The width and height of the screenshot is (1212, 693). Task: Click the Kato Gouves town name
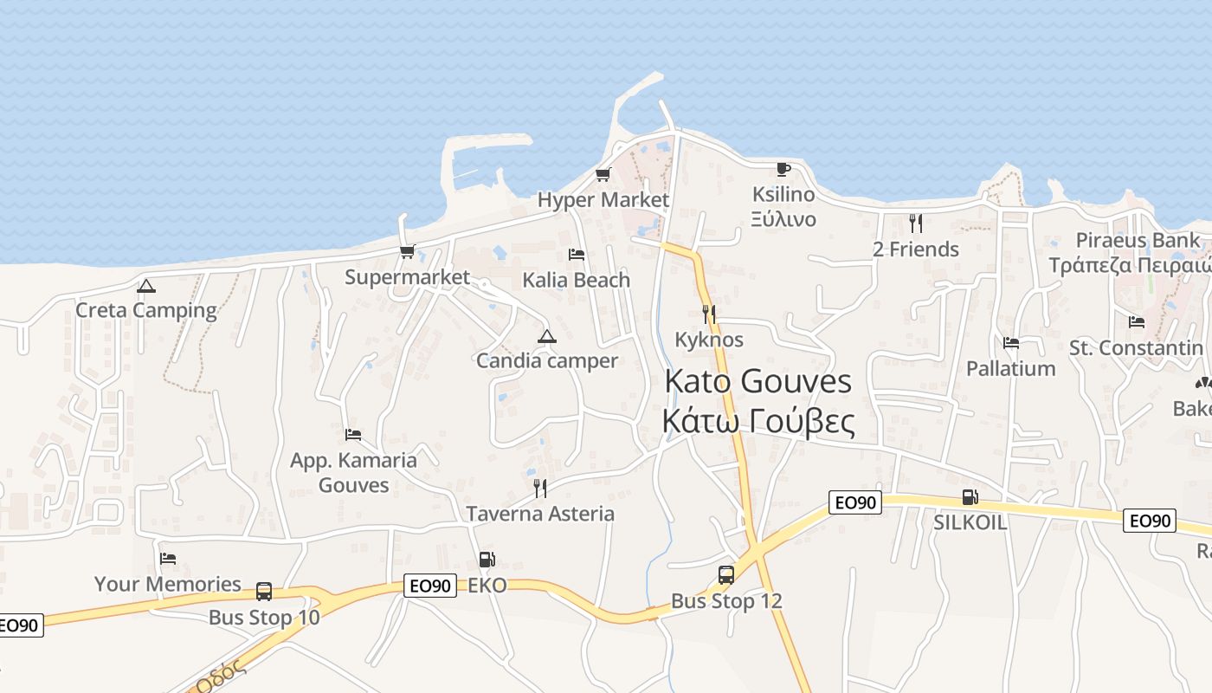tap(758, 382)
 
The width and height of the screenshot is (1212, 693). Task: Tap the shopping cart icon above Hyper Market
tap(603, 175)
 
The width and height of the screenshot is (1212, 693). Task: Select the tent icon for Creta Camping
tap(146, 286)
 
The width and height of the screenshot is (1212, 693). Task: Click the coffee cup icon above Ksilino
tap(783, 169)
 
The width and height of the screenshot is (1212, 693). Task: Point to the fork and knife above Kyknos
tap(709, 314)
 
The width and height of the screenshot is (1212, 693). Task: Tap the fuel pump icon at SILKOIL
tap(970, 497)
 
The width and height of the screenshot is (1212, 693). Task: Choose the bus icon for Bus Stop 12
tap(726, 574)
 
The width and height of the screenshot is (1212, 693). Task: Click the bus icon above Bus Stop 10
tap(264, 592)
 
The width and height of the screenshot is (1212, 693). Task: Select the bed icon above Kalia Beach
tap(577, 255)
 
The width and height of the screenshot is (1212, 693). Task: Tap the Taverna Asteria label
tap(540, 514)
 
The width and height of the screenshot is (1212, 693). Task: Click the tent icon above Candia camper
tap(546, 336)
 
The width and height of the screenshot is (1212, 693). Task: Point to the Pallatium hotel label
tap(1010, 369)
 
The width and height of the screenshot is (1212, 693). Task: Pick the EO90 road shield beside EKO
tap(429, 586)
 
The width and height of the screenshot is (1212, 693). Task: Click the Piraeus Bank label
tap(1138, 240)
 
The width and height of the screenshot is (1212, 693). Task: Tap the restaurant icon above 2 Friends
tap(916, 223)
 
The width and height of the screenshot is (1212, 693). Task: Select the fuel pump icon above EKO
tap(487, 560)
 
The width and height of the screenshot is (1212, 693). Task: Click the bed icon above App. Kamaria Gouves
tap(353, 434)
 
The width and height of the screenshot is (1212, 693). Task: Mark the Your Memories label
tap(168, 584)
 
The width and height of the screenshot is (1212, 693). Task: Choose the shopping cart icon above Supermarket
tap(407, 252)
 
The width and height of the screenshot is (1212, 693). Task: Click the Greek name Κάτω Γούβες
tap(758, 422)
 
